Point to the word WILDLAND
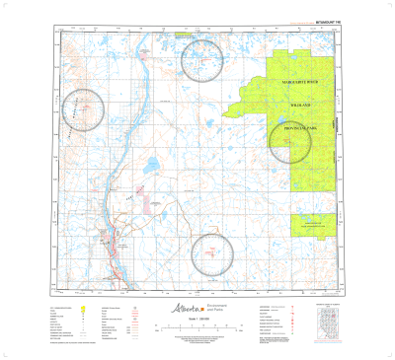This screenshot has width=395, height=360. click(x=300, y=104)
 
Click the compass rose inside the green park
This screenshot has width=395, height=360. click(x=290, y=140)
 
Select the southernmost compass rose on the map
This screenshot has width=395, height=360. click(x=212, y=253)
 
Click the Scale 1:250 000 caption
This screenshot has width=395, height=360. click(x=197, y=323)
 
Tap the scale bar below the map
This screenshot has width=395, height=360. click(x=197, y=329)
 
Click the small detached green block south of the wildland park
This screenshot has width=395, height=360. click(x=312, y=226)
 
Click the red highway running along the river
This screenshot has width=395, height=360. click(x=116, y=237)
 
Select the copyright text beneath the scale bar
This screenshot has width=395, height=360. click(x=197, y=339)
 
